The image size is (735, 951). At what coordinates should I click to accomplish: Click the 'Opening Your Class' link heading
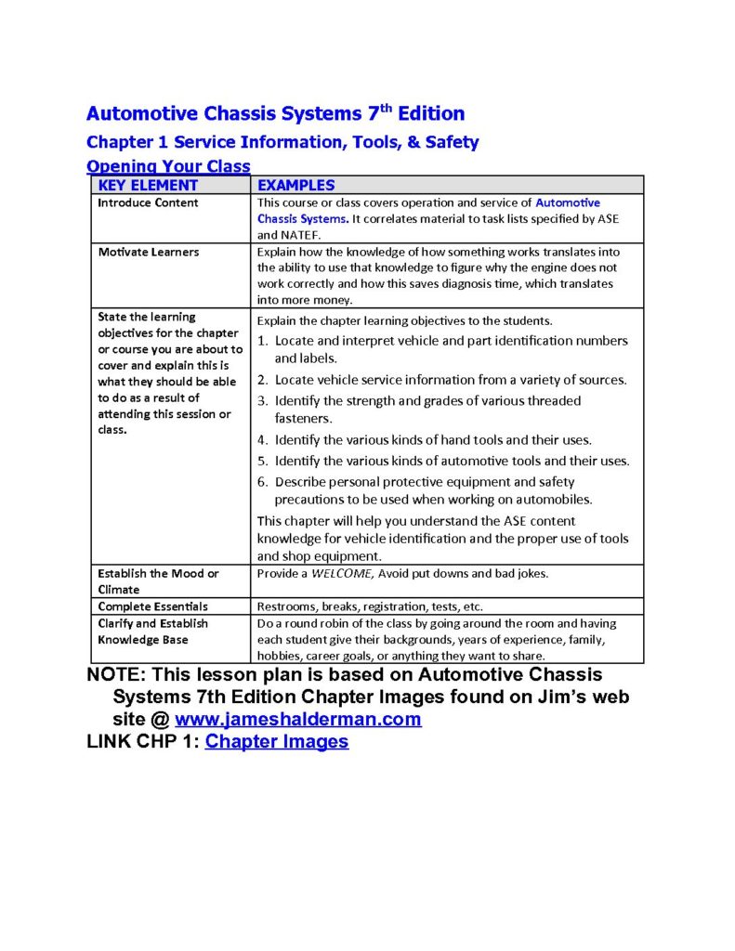point(168,166)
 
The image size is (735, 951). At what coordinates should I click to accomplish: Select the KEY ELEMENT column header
point(148,185)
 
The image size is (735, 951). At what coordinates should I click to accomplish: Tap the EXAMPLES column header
point(295,185)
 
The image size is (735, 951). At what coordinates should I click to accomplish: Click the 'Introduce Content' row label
point(148,202)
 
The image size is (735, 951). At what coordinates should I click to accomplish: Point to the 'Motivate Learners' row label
point(149,252)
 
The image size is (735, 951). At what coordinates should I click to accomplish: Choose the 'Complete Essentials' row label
point(152,606)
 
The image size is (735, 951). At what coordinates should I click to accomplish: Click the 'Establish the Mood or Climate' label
point(158,581)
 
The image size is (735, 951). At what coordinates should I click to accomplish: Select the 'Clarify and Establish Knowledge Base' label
point(153,632)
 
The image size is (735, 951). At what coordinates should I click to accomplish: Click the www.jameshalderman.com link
point(297,719)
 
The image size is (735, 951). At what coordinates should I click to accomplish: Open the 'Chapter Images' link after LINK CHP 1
point(276,741)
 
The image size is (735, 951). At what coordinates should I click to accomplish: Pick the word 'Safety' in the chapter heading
point(451,142)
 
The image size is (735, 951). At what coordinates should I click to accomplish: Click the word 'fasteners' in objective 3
point(303,418)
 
